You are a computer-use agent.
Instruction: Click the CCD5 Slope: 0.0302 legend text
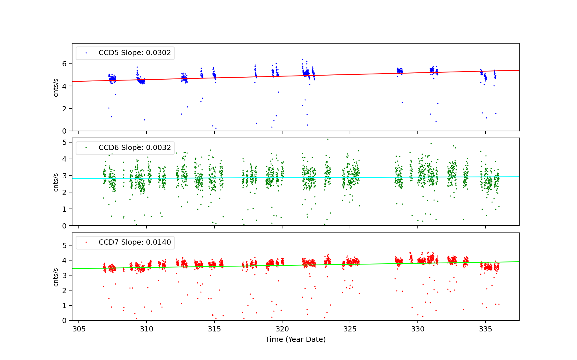point(134,53)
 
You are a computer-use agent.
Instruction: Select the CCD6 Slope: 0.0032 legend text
point(134,148)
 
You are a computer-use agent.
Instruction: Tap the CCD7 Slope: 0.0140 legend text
point(134,242)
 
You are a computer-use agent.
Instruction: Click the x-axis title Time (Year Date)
point(295,340)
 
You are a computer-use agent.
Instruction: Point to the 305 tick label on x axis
point(79,329)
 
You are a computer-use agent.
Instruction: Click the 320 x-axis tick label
point(282,329)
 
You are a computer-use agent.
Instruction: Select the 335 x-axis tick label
point(486,329)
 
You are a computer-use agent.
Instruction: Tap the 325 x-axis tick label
point(350,329)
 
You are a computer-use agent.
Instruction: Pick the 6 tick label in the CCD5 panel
point(64,64)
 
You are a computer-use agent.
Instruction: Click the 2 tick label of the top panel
point(64,109)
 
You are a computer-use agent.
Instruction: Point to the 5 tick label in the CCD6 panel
point(64,142)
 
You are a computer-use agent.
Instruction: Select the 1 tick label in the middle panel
point(64,209)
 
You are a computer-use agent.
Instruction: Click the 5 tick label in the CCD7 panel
point(64,246)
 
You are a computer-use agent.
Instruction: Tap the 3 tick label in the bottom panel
point(64,276)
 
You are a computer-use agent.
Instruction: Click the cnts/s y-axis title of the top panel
point(56,87)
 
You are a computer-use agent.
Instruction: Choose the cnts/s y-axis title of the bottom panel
point(56,277)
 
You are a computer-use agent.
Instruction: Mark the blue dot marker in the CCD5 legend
point(86,53)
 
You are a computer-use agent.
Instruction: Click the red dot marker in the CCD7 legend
point(86,243)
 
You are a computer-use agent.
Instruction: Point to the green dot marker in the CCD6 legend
point(86,148)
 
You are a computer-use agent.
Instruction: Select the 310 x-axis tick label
point(147,329)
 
